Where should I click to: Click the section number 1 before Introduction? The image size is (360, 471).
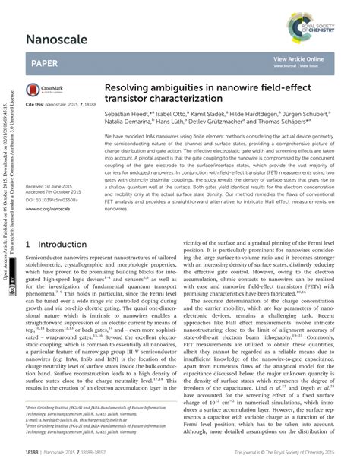click(x=28, y=245)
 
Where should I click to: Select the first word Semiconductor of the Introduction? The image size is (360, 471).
click(x=48, y=260)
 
